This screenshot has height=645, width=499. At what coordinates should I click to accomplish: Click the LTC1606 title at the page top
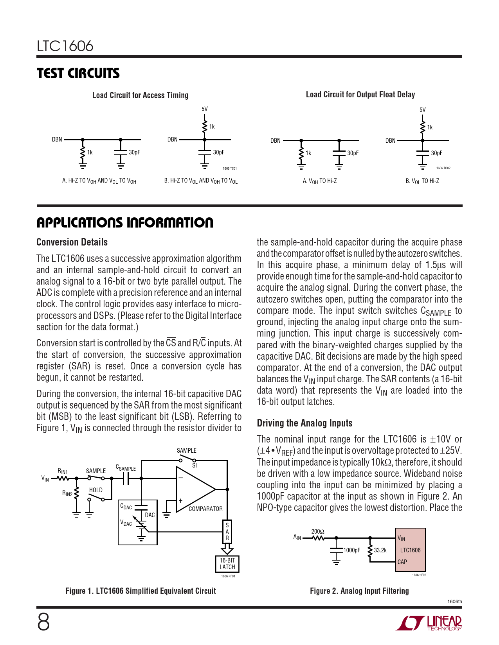(x=65, y=46)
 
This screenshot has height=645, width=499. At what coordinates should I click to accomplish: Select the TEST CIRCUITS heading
(x=78, y=73)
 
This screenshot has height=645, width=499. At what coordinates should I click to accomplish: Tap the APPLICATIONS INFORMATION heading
(x=125, y=223)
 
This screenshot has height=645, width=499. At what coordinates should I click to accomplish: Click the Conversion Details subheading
(x=72, y=242)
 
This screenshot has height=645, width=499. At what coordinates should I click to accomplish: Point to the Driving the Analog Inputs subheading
(x=304, y=423)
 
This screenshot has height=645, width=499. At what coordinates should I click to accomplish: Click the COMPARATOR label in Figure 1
(x=205, y=509)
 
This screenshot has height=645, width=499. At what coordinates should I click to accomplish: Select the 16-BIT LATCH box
(x=227, y=564)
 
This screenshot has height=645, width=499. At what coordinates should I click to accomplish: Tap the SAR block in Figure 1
(x=227, y=532)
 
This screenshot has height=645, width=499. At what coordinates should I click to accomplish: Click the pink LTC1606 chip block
(x=410, y=550)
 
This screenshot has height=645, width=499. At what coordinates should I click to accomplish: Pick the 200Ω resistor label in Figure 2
(x=317, y=532)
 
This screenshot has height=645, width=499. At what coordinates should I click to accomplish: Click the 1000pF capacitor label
(x=351, y=550)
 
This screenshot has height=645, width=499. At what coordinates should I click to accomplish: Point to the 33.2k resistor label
(x=380, y=550)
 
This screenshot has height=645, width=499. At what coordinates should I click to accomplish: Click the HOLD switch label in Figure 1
(x=96, y=490)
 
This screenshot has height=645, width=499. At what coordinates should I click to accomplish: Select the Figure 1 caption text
(x=141, y=591)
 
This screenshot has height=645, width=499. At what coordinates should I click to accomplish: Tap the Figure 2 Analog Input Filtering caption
(x=359, y=591)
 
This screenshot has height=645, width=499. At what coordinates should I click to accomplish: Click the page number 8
(x=43, y=622)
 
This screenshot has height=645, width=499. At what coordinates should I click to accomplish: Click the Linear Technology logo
(x=429, y=623)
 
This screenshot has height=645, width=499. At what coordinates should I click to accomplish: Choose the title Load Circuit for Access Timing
(x=140, y=95)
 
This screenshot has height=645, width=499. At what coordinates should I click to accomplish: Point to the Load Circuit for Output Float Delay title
(x=360, y=95)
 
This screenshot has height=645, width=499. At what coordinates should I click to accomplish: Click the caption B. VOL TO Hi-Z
(x=422, y=181)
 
